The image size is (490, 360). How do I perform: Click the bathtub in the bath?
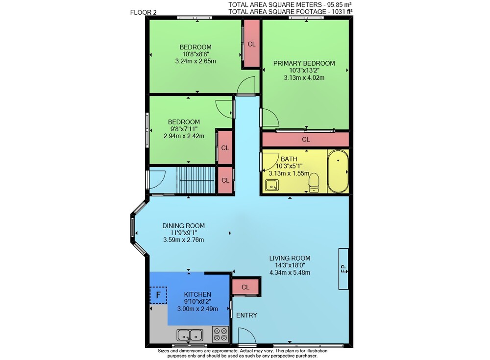[338, 171]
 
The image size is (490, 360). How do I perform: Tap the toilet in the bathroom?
[314, 183]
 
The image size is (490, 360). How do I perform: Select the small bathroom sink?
[272, 185]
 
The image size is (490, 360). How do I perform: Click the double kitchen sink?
[190, 336]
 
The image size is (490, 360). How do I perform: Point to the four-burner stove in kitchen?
[220, 334]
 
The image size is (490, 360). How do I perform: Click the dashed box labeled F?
[158, 295]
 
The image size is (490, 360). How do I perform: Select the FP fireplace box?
[343, 269]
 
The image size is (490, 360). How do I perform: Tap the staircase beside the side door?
[196, 181]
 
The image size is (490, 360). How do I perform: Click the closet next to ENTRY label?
[245, 287]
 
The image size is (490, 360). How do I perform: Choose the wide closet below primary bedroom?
[306, 140]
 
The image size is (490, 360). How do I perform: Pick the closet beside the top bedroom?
[251, 44]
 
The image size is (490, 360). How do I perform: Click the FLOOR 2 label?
[144, 13]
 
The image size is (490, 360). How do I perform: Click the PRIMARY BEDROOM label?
[304, 64]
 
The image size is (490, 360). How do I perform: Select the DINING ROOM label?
[183, 226]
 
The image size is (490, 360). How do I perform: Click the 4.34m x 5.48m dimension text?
[290, 272]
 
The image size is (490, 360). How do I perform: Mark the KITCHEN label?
[197, 294]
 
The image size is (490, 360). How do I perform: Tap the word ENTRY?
[246, 315]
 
